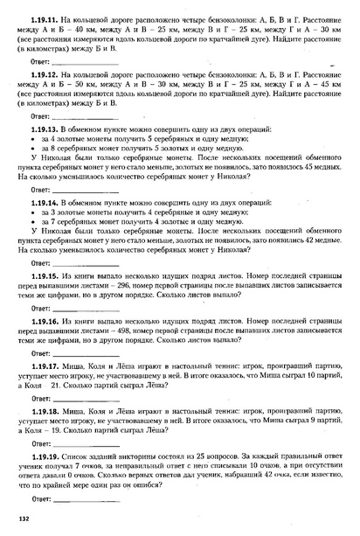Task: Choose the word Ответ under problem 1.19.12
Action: (40, 116)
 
